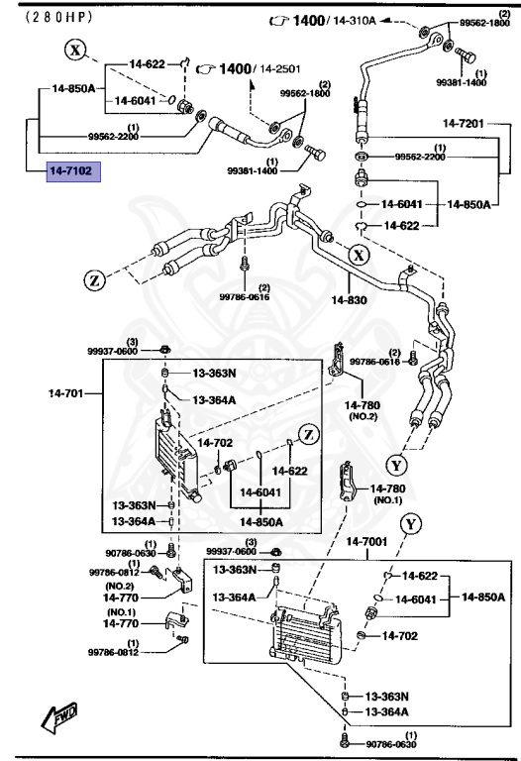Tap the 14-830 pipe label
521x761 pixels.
tap(350, 297)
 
